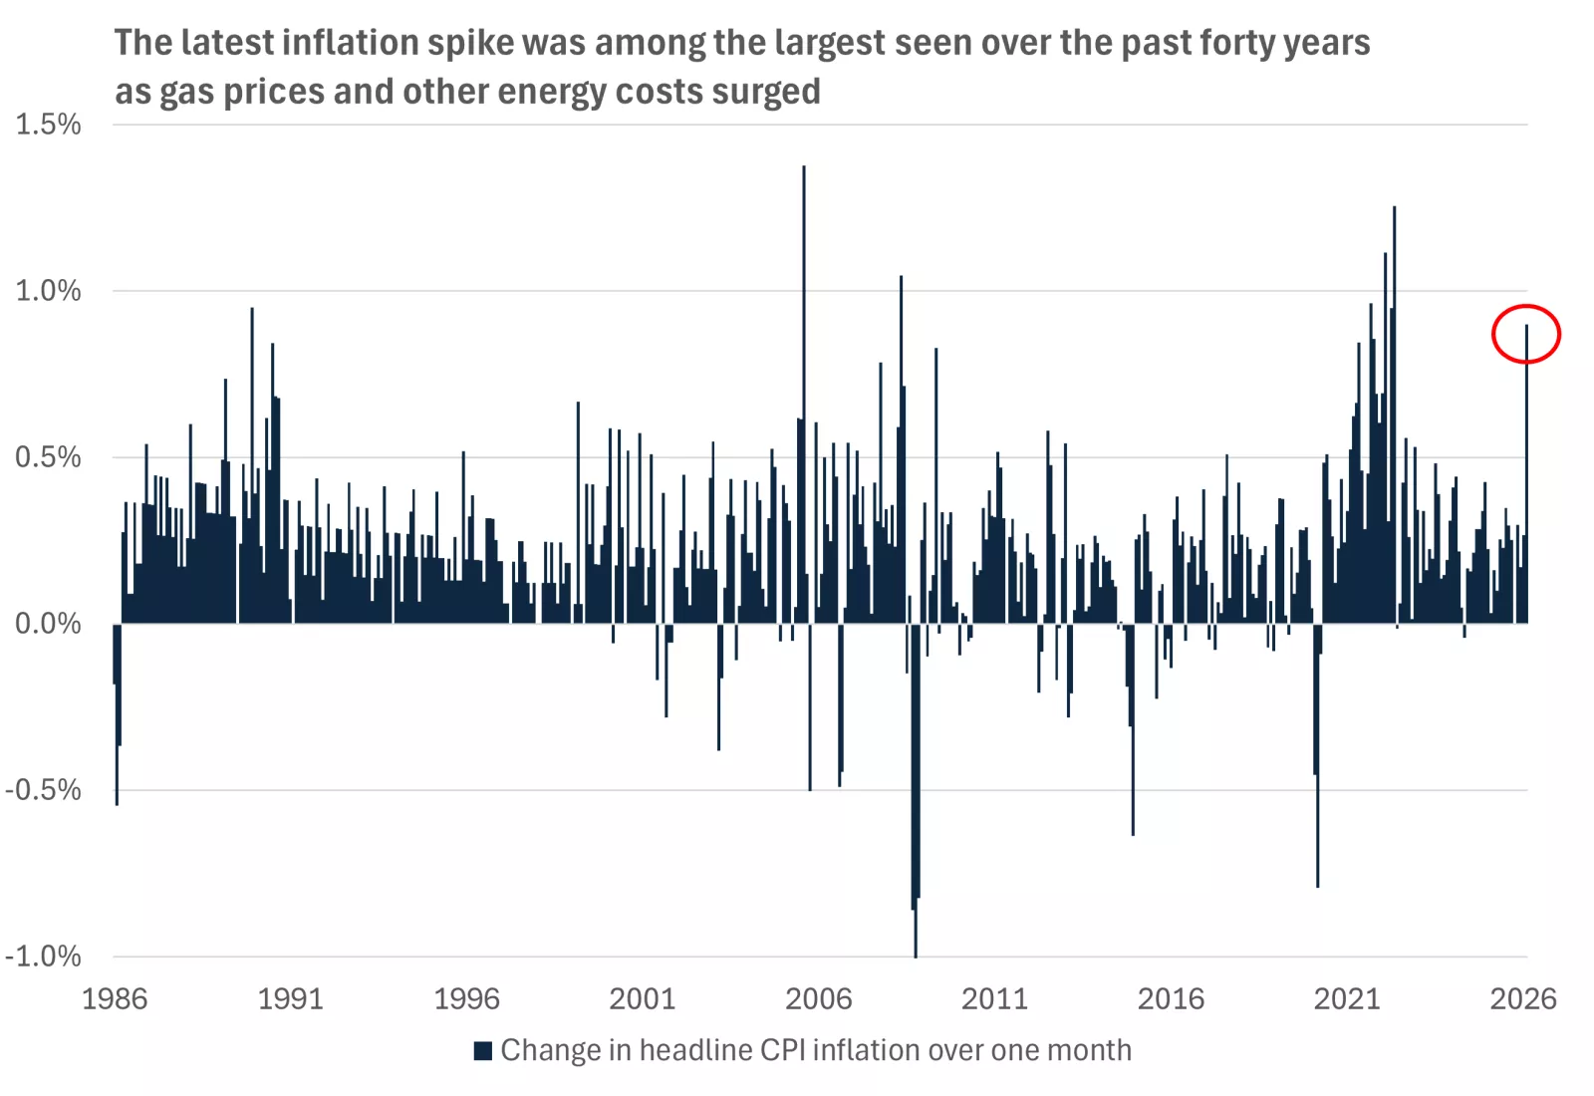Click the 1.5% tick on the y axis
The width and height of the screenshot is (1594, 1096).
coord(48,125)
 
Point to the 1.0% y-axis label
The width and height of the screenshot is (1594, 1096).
coord(48,291)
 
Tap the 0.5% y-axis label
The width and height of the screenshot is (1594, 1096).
coord(48,457)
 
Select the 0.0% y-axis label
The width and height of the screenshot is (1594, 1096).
coord(48,624)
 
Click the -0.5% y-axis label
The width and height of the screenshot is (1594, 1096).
coord(44,790)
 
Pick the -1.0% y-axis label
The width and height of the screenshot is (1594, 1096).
coord(44,957)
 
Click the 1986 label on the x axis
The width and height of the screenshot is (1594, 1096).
coord(115,998)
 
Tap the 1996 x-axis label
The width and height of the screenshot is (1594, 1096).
coord(466,998)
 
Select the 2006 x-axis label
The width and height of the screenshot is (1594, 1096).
coord(818,998)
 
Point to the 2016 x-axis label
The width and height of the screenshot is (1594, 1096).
coord(1171,998)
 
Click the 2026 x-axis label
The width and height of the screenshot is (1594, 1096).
coord(1522,998)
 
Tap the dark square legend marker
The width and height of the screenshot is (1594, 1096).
coord(483,1050)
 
